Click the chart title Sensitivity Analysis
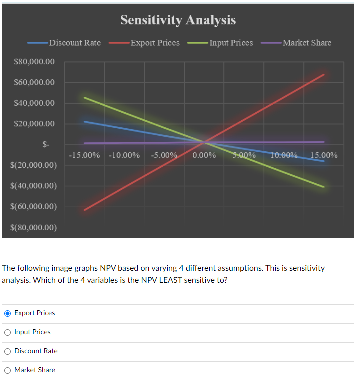coord(178,20)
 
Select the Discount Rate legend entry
coord(75,43)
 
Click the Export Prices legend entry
coord(155,43)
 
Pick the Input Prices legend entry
coord(231,43)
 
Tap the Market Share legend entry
coord(307,43)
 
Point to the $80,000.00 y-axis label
coord(34,62)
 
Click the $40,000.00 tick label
coord(34,103)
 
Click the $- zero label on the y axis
coord(46,145)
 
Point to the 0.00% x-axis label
coord(204,155)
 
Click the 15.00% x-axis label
coord(324,155)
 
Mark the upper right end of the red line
coord(324,74)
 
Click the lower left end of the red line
coord(84,210)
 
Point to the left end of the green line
coord(84,97)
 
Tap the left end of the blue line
coord(84,121)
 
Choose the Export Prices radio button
coord(8,313)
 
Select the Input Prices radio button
coord(8,332)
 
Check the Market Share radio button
coord(8,370)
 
